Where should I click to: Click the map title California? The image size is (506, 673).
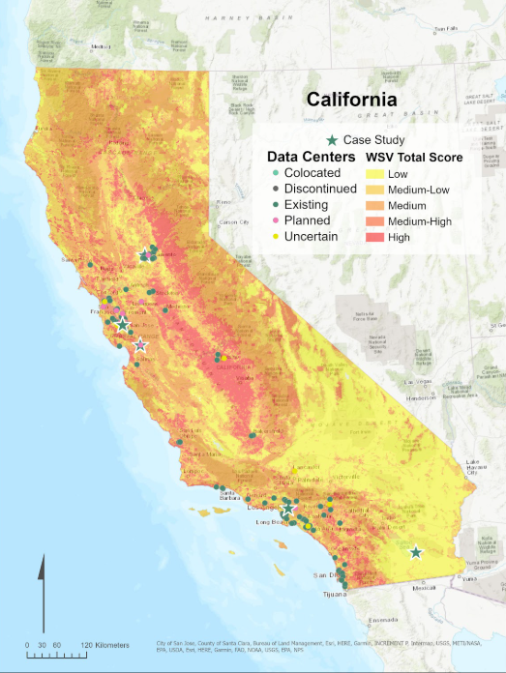[351, 100]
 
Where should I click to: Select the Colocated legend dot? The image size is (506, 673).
[275, 172]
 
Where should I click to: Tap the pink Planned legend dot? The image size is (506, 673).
[275, 221]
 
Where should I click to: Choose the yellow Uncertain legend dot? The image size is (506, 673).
[275, 238]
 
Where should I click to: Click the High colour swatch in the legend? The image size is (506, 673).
[377, 238]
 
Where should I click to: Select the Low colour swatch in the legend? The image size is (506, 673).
[377, 172]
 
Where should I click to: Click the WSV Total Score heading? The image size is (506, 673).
[413, 157]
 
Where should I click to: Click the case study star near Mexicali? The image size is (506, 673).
[416, 552]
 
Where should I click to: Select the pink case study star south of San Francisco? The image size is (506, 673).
[141, 345]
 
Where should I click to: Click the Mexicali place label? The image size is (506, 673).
[424, 587]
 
